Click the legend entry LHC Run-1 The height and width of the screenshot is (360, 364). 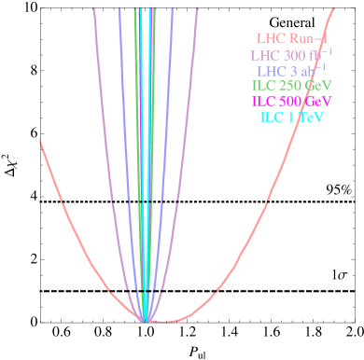click(291, 39)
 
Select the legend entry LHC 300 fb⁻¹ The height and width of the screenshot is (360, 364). click(291, 55)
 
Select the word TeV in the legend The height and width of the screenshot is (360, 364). click(316, 117)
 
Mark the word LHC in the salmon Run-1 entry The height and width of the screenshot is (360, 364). click(271, 39)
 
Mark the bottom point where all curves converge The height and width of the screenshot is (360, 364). click(145, 320)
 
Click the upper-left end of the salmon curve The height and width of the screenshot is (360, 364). click(40, 140)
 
